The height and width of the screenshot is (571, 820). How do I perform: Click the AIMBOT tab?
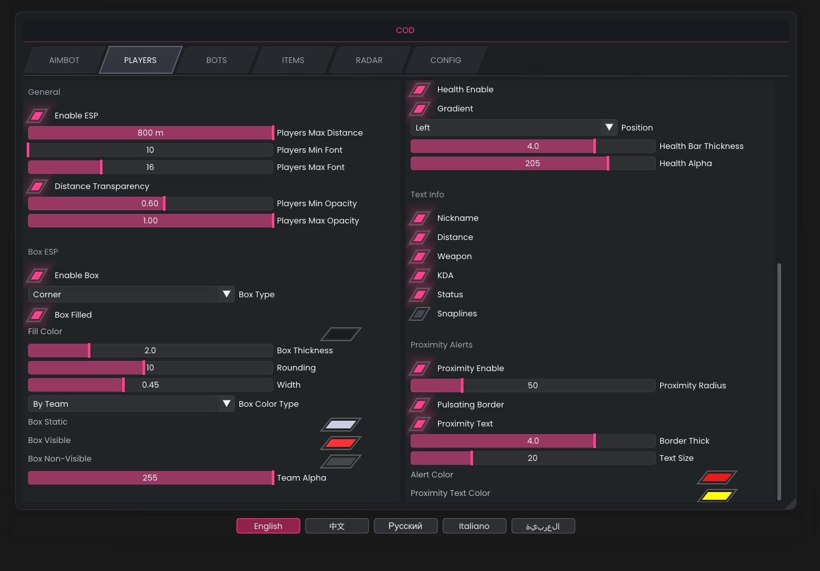click(64, 60)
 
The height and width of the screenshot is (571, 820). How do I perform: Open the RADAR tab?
click(369, 60)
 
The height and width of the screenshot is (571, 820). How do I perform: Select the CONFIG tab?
click(446, 60)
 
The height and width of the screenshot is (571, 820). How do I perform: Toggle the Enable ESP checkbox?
click(38, 116)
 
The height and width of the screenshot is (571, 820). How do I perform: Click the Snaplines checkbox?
click(420, 314)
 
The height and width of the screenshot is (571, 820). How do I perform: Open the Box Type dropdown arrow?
click(227, 295)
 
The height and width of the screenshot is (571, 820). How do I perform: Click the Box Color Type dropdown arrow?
click(227, 404)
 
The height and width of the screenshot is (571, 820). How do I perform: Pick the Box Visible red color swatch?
click(341, 443)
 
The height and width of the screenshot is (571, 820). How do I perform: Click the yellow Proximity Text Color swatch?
click(717, 496)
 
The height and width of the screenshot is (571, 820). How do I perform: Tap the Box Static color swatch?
click(341, 425)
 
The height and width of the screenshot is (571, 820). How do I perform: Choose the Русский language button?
click(406, 526)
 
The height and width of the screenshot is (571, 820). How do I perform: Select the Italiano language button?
click(474, 526)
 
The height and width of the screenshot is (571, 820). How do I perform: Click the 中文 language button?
click(337, 526)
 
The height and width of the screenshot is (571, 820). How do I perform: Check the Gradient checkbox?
click(420, 109)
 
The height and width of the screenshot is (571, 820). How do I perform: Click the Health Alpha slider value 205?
click(533, 164)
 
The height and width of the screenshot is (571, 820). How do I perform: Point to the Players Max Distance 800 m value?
click(150, 133)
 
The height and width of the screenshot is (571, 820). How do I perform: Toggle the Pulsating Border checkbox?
click(420, 405)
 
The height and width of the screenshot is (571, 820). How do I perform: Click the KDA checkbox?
click(420, 276)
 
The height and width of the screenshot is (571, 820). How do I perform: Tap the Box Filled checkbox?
click(38, 315)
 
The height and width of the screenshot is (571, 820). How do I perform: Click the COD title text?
click(405, 31)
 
